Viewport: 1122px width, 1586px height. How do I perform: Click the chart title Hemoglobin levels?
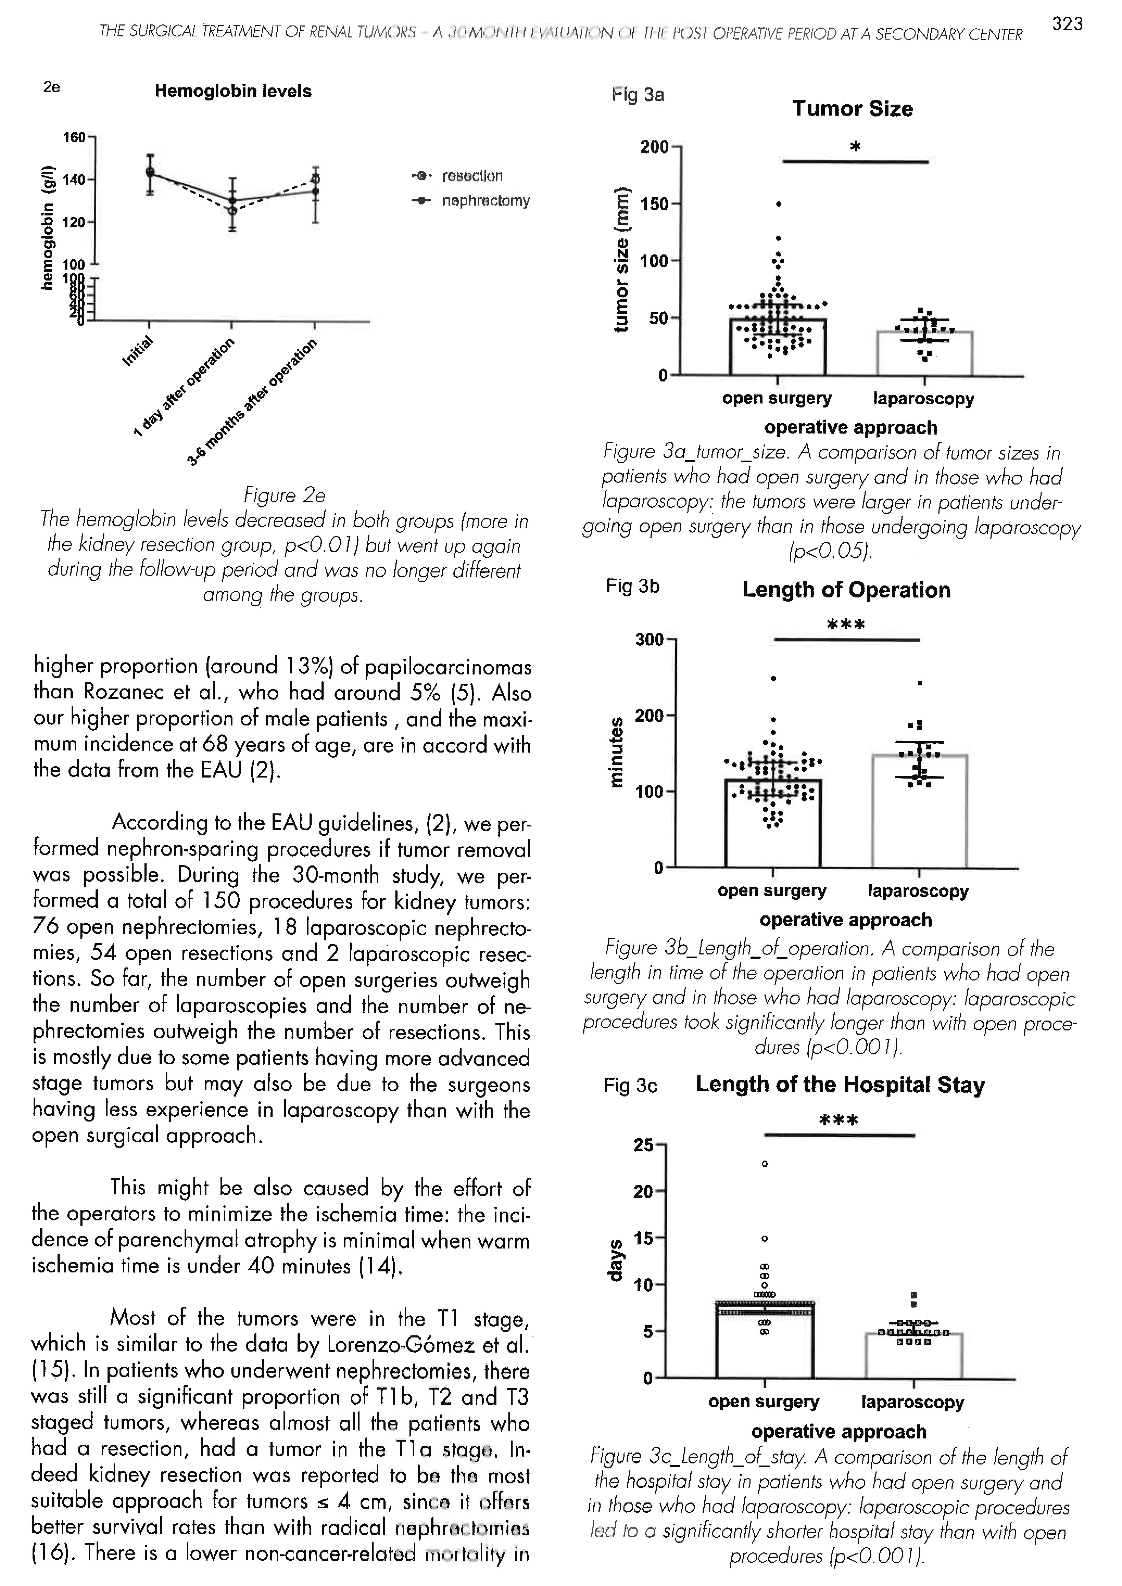click(x=233, y=91)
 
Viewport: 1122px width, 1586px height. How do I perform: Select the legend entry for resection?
click(x=472, y=176)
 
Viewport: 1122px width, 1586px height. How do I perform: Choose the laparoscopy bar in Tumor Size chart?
click(x=924, y=354)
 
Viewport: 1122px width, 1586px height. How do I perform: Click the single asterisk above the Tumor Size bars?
click(x=855, y=147)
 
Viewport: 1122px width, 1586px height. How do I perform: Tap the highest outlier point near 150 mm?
click(x=779, y=204)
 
